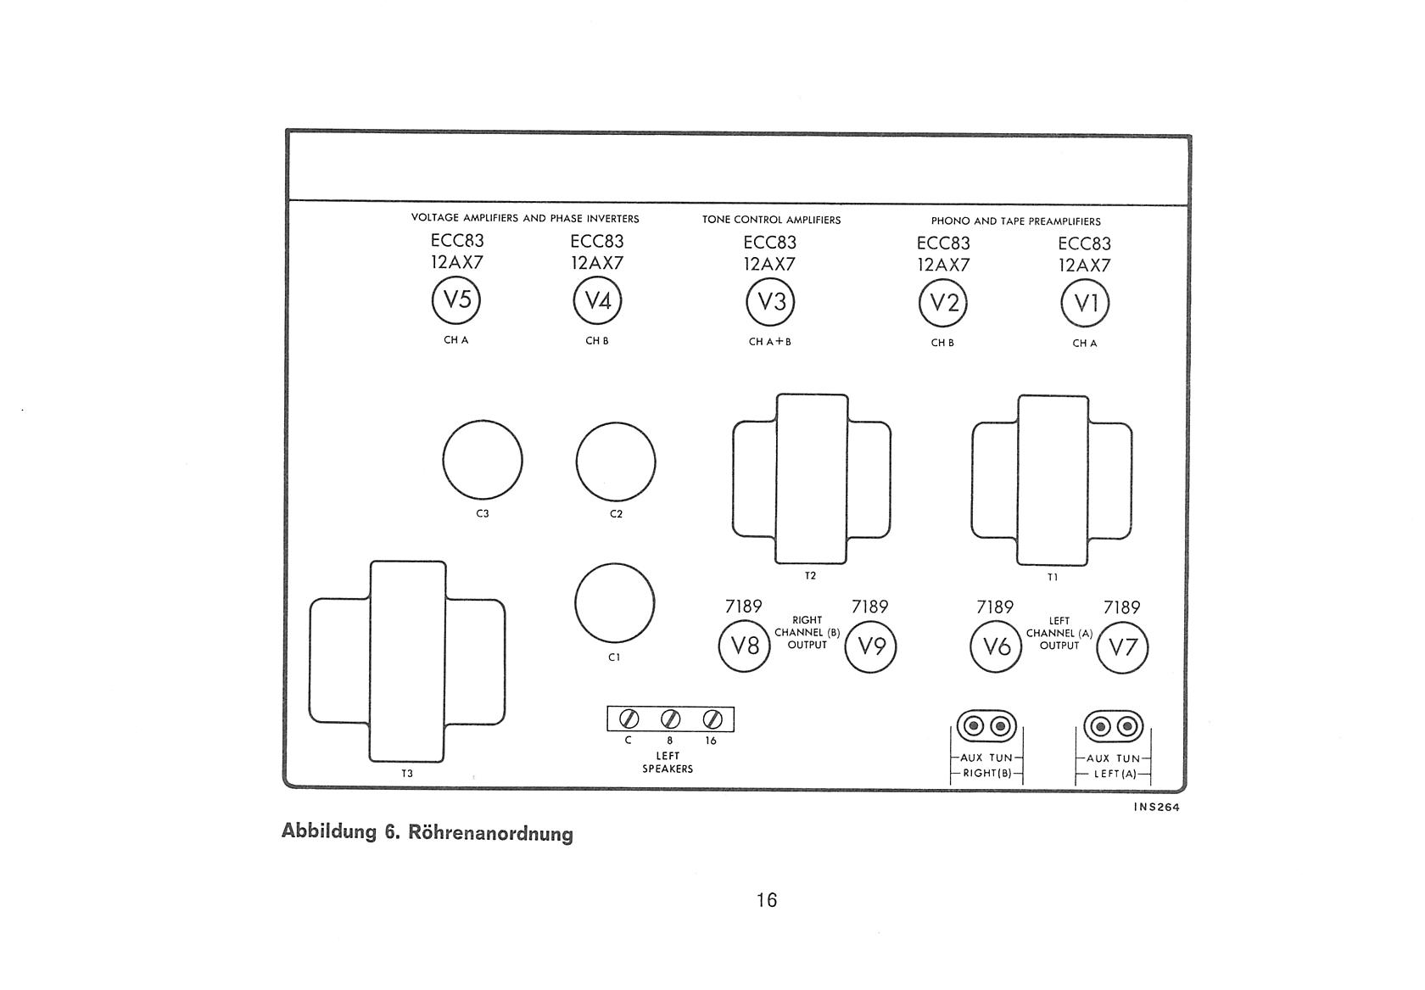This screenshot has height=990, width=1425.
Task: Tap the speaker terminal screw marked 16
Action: tap(712, 719)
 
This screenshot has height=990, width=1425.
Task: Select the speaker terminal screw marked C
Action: tap(629, 719)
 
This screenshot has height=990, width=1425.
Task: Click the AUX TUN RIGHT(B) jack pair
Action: tap(986, 726)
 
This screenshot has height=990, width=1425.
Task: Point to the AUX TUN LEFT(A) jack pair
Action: tap(1113, 726)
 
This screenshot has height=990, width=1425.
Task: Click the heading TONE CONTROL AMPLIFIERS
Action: tap(772, 220)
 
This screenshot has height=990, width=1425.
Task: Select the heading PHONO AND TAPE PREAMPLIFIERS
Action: tap(1016, 221)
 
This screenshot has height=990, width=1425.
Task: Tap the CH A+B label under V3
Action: tap(770, 342)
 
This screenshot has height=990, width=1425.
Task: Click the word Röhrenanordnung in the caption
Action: tap(490, 833)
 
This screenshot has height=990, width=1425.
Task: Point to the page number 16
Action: tap(767, 899)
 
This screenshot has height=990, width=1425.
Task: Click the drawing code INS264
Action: tap(1157, 808)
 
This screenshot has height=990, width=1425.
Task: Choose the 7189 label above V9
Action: tap(869, 607)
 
